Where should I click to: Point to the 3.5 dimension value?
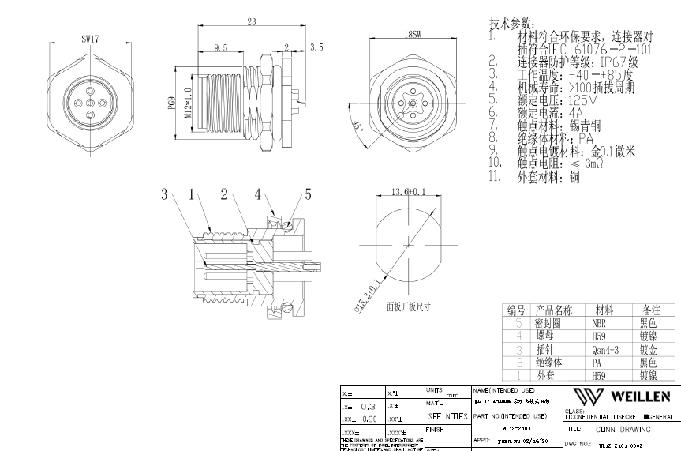[x=316, y=48]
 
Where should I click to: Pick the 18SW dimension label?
[x=411, y=35]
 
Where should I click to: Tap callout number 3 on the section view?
[x=165, y=194]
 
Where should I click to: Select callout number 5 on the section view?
[x=309, y=194]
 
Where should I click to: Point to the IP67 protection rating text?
[x=608, y=61]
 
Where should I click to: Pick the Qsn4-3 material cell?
[x=605, y=348]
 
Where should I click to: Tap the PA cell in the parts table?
[x=597, y=362]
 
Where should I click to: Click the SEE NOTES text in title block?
[x=447, y=416]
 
